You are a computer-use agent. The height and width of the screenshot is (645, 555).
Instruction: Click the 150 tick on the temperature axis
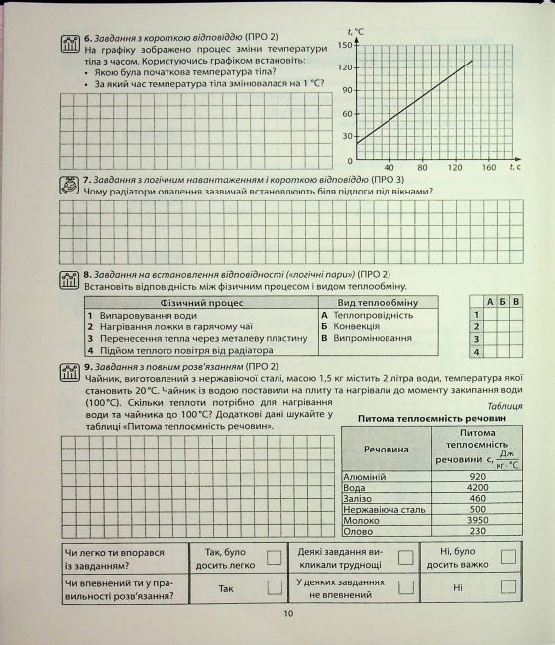click(344, 45)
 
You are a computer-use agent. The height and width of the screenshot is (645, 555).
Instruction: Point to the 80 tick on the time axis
click(421, 167)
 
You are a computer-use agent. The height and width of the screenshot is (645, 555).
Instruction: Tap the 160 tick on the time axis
click(488, 167)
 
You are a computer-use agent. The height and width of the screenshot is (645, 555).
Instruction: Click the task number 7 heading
click(88, 180)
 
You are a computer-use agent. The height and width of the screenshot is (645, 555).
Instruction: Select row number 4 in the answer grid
click(477, 351)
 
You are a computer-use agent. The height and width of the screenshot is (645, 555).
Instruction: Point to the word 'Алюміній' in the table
click(365, 476)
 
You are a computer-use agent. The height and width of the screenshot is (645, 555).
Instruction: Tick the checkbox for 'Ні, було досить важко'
click(507, 557)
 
